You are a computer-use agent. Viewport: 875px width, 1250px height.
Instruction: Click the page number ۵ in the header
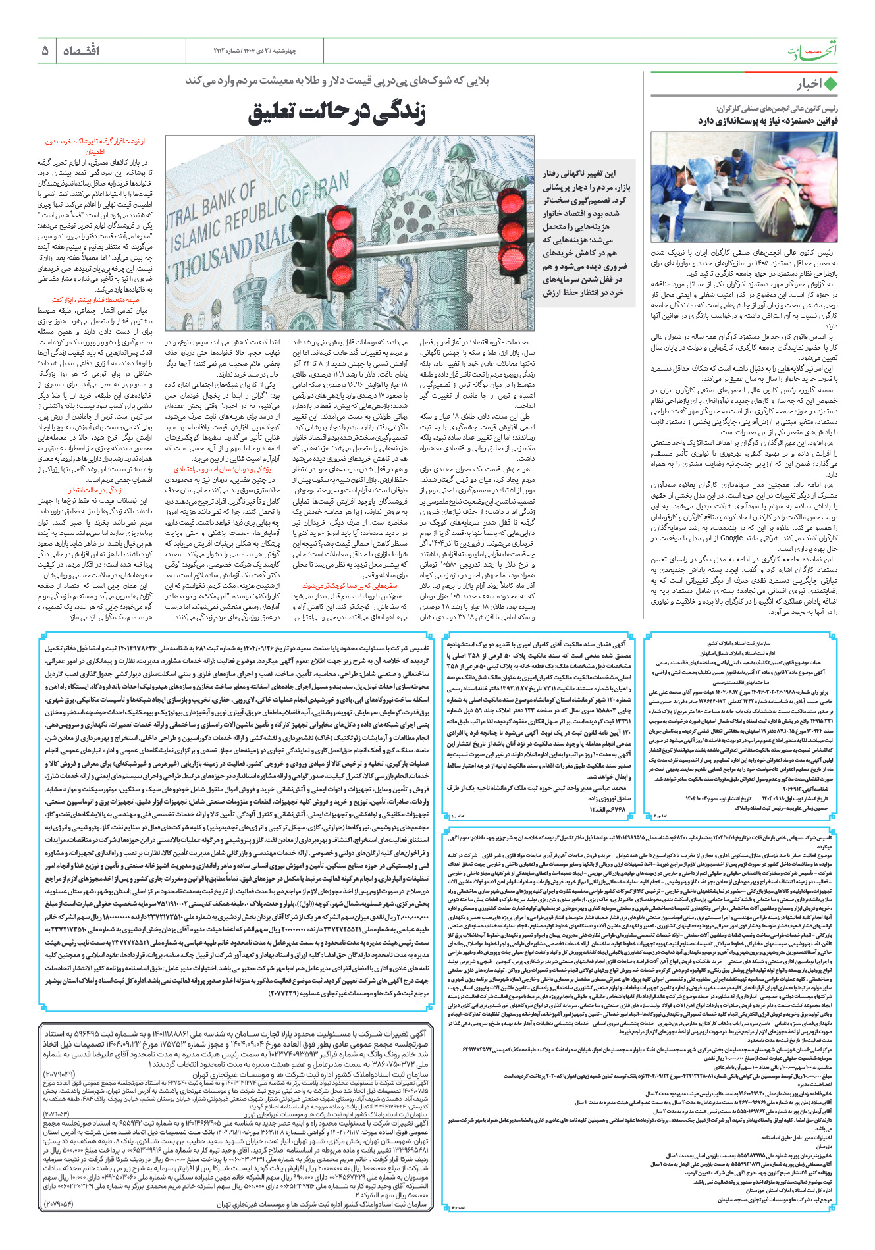point(45,51)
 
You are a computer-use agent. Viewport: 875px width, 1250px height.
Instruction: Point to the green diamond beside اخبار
point(831,84)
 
